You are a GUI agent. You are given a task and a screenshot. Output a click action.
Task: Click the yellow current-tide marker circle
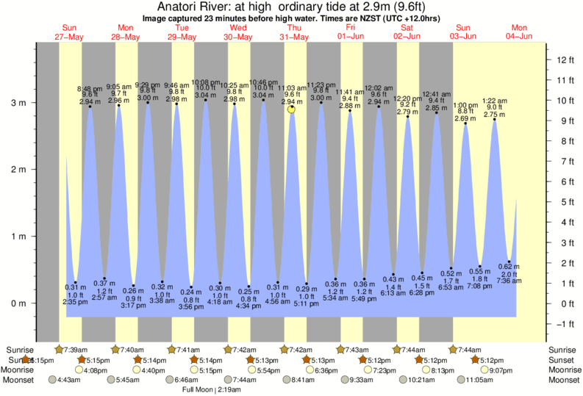coord(292,109)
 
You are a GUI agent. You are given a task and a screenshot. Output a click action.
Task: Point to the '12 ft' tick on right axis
coord(563,60)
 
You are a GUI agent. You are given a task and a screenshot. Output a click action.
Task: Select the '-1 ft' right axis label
coord(563,324)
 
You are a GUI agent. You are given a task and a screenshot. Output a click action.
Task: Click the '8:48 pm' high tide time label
coord(90,88)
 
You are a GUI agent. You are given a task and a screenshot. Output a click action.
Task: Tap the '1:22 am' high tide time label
coord(493,101)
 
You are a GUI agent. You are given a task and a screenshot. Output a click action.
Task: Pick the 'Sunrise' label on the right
coord(563,350)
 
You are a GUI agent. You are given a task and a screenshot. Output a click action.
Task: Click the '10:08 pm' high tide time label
coord(205,82)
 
